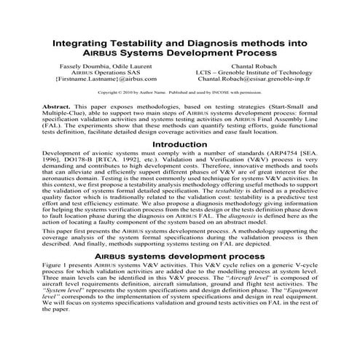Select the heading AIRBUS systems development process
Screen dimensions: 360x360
click(x=179, y=278)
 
